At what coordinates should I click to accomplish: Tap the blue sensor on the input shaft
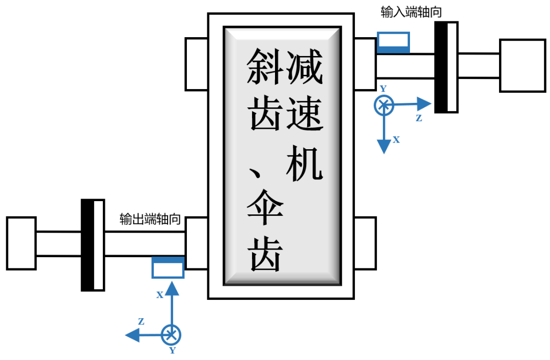point(393,42)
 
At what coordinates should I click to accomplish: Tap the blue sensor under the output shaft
point(168,267)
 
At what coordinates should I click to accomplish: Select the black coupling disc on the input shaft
point(446,67)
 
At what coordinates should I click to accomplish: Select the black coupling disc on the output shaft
point(93,245)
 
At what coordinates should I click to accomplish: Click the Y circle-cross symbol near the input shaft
point(383,105)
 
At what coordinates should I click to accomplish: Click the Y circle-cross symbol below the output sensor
point(171,335)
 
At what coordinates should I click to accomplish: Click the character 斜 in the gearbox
point(264,67)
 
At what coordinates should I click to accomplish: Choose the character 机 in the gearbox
point(305,162)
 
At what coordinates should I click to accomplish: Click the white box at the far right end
point(522,65)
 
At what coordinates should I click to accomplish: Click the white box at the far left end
point(21,243)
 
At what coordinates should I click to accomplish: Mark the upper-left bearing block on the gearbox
point(197,64)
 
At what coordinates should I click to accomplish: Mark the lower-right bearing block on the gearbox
point(365,243)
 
